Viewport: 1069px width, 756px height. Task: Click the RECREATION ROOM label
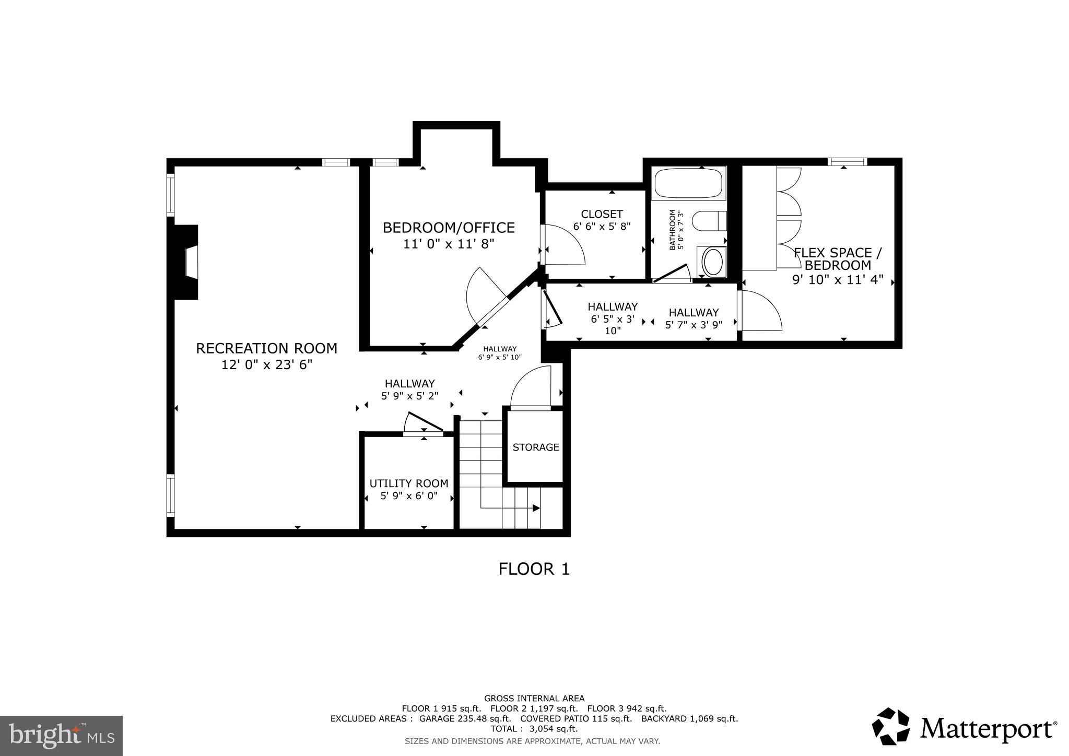[266, 348]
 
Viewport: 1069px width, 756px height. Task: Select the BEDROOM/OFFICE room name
[449, 228]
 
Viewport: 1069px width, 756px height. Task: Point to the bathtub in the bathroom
[688, 182]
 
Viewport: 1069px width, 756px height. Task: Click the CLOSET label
[602, 214]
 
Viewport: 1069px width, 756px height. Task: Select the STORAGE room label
[536, 447]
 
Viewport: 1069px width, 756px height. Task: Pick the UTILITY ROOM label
[409, 483]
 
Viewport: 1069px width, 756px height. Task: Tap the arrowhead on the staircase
[536, 508]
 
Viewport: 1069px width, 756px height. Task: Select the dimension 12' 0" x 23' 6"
[266, 365]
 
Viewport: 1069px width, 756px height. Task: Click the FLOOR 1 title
[534, 569]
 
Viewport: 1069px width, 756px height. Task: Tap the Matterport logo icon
[891, 726]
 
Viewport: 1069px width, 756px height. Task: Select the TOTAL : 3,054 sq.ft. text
[534, 729]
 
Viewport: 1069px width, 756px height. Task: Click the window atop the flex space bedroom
[847, 162]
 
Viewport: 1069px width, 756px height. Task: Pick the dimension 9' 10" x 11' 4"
[837, 280]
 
